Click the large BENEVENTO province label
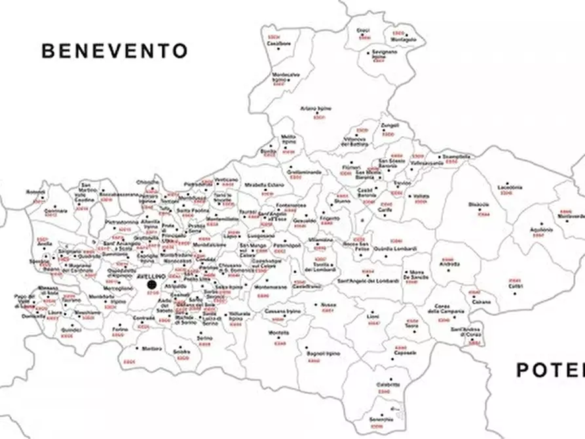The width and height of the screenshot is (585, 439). pyautogui.click(x=115, y=51)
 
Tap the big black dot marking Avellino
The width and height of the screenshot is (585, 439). pyautogui.click(x=152, y=284)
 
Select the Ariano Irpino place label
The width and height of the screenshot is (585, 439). pyautogui.click(x=316, y=108)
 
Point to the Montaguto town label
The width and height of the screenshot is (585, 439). pyautogui.click(x=404, y=39)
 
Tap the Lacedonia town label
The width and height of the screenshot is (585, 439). pyautogui.click(x=510, y=187)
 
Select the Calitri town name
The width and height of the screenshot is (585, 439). pyautogui.click(x=516, y=286)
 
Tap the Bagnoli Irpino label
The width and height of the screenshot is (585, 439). pyautogui.click(x=320, y=354)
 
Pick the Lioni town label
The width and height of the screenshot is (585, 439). pyautogui.click(x=373, y=316)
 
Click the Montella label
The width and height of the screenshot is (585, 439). pyautogui.click(x=278, y=333)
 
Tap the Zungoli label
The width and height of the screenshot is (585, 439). pyautogui.click(x=390, y=124)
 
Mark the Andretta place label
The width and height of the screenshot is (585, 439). pyautogui.click(x=449, y=264)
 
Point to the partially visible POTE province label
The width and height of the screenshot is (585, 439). pyautogui.click(x=550, y=370)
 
